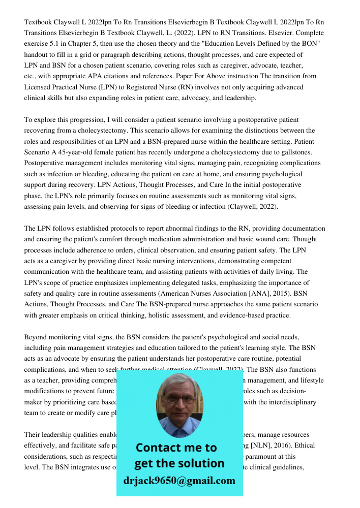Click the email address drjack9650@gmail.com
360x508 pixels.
coord(179,480)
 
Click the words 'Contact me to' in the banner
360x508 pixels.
coord(176,448)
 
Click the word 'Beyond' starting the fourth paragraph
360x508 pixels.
coord(35,337)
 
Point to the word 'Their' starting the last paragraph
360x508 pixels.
coord(33,435)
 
